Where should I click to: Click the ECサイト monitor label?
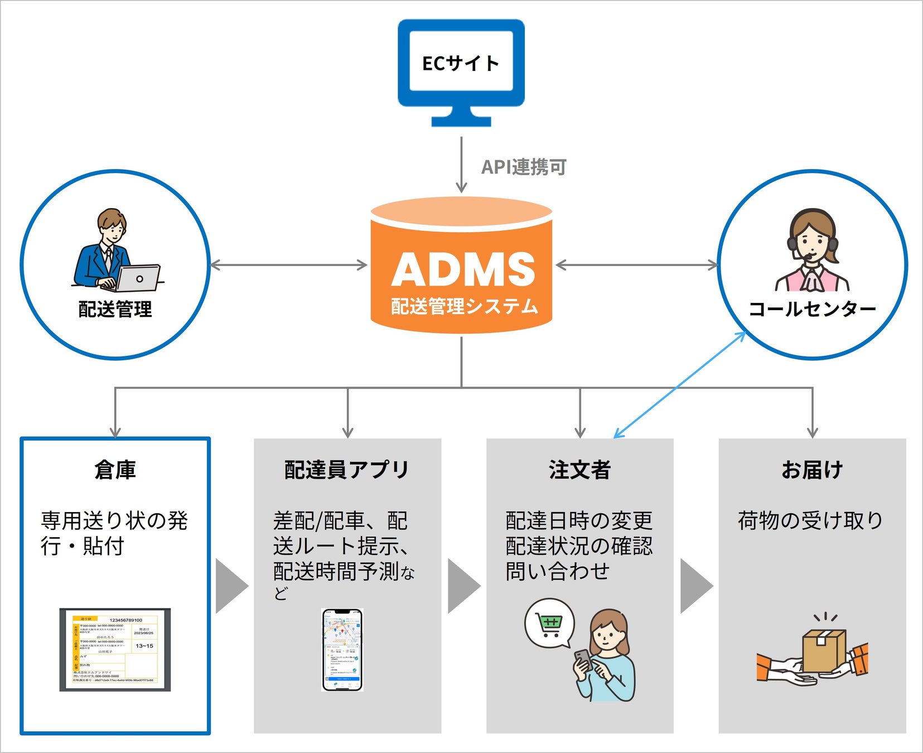coord(461,63)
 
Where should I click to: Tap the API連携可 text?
coord(524,167)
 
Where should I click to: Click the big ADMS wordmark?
coord(463,269)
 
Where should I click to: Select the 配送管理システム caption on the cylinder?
coord(464,306)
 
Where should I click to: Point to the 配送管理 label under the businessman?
coord(115,309)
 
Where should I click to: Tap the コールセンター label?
coord(812,309)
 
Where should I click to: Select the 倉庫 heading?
coord(115,470)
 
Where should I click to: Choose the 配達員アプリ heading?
coord(347,470)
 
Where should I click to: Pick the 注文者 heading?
coord(579,470)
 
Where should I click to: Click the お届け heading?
coord(811,470)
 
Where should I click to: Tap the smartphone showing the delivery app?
coord(342,650)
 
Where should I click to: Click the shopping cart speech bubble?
coord(549,623)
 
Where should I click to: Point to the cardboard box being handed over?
coord(824,650)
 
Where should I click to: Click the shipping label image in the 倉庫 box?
coord(115,650)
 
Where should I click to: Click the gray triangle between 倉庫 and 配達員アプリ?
coord(231,586)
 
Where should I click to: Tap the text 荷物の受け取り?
coord(810,520)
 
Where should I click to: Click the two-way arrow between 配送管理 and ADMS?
coord(288,266)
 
